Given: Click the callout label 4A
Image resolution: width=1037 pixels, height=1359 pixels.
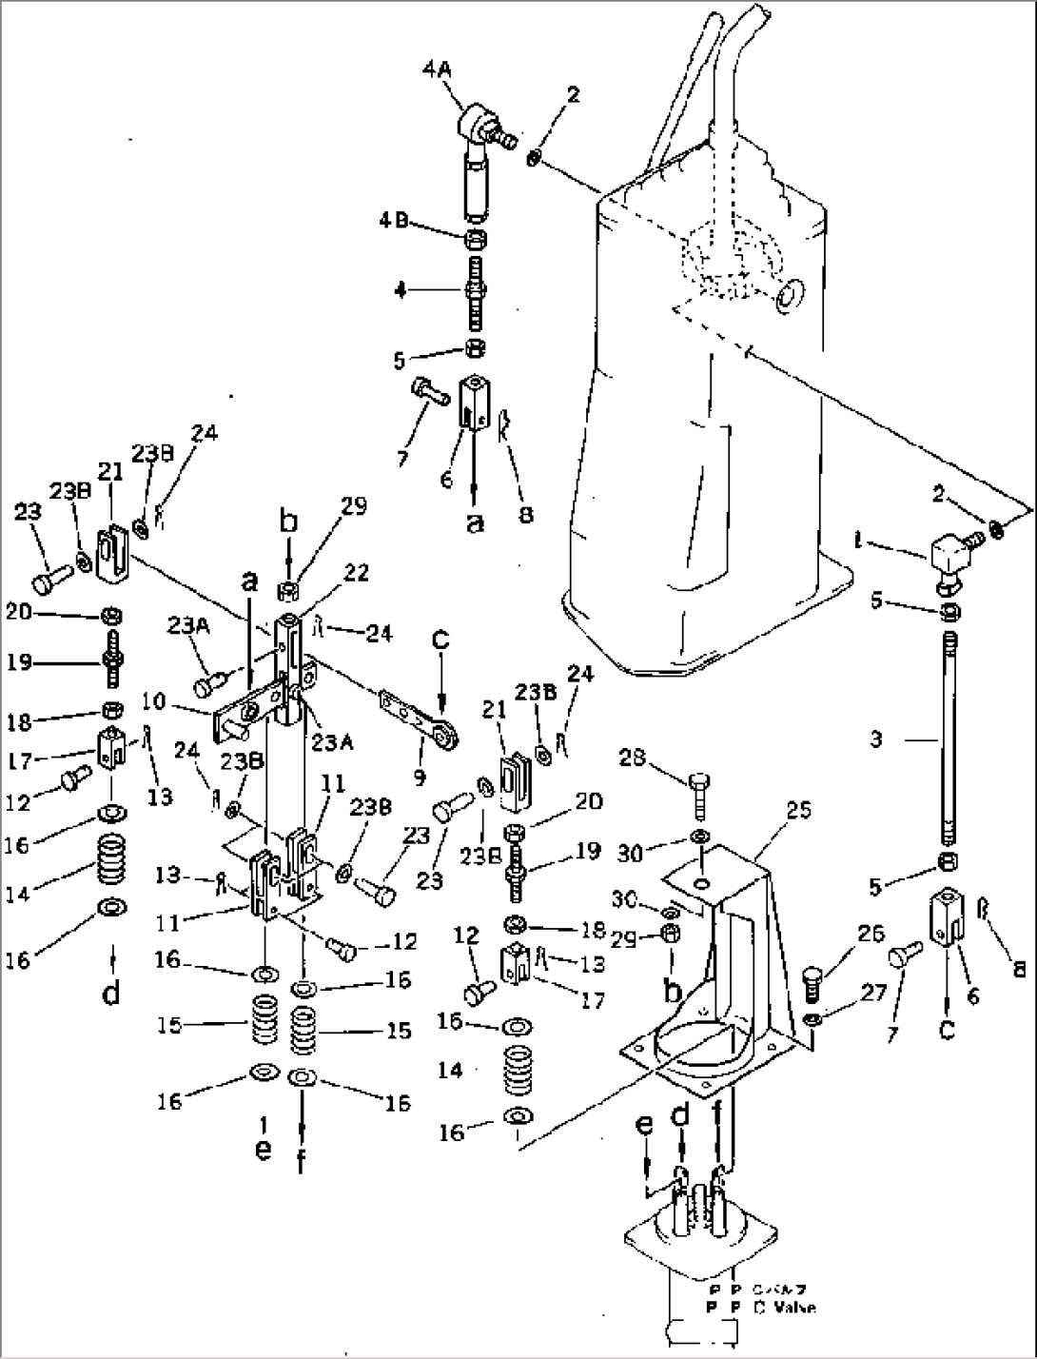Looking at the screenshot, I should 437,69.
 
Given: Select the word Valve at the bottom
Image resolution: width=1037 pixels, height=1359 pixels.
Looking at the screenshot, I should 789,1308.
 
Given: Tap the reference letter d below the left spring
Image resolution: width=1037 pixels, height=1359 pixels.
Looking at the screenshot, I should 111,995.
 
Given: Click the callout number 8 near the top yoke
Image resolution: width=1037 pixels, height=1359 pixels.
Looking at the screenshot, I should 525,514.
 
